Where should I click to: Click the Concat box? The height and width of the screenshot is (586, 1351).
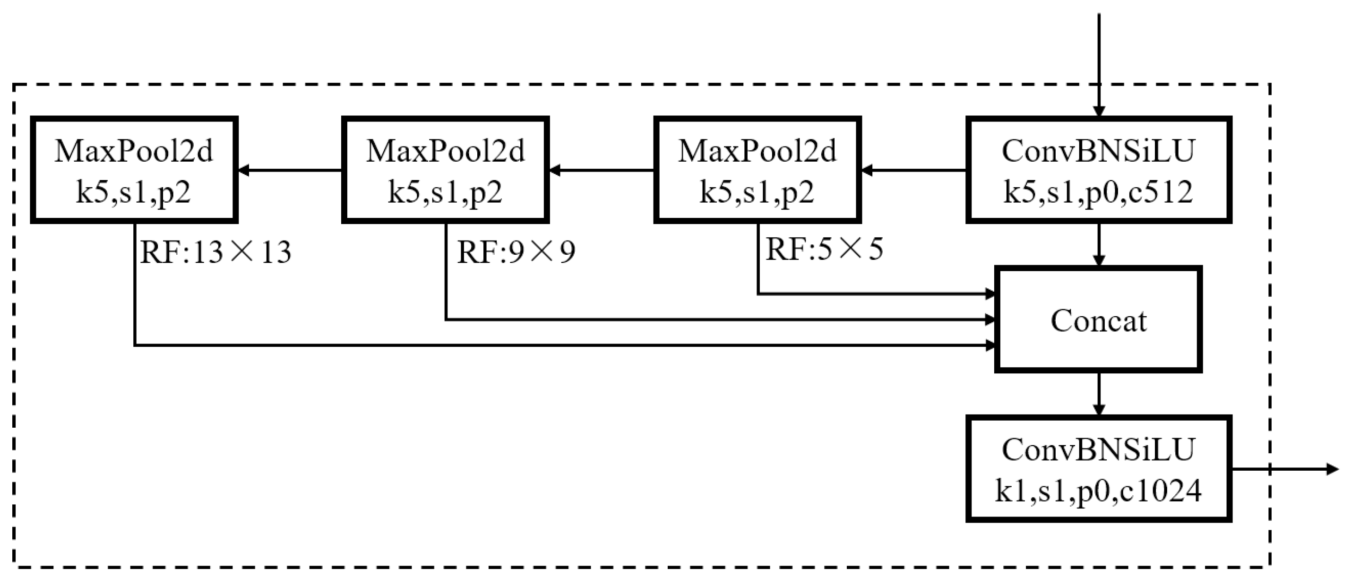point(1098,319)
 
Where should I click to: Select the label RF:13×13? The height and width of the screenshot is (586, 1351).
point(215,252)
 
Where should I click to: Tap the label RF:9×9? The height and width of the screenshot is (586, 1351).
point(516,252)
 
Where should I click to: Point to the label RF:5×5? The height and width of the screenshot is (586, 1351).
point(825,249)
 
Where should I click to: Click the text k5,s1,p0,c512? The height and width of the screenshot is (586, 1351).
point(1098,192)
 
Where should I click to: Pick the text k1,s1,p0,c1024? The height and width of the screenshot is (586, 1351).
point(1098,491)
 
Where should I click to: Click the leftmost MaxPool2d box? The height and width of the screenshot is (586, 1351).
point(134,170)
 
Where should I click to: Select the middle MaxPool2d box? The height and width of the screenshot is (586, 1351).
point(445,170)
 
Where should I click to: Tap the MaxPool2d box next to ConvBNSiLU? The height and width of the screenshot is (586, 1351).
point(757,170)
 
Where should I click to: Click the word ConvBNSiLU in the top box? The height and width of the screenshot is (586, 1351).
point(1098,151)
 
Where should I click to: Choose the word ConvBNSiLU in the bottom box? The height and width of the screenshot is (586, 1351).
point(1098,450)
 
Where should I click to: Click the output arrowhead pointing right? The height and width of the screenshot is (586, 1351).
point(1333,468)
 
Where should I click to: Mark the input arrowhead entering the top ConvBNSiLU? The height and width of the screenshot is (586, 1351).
point(1099,111)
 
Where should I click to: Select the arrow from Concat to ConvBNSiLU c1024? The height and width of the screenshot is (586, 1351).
point(1099,395)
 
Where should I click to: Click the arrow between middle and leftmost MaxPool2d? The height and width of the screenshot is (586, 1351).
point(290,170)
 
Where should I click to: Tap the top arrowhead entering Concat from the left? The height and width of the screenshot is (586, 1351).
point(990,294)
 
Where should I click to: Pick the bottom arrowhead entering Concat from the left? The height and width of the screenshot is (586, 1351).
point(990,345)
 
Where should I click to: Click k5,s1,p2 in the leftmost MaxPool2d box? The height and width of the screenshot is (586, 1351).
point(134,192)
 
